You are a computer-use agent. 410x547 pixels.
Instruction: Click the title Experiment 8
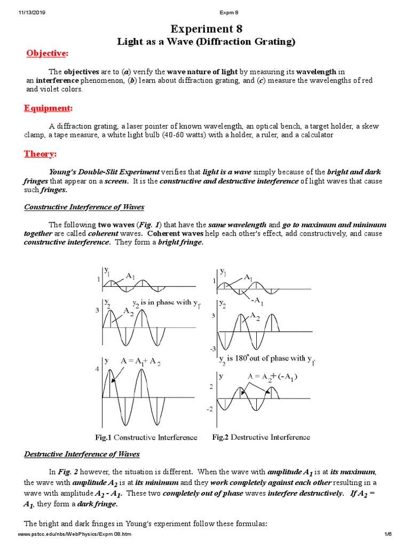[206, 29]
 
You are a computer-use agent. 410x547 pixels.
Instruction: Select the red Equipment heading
[48, 108]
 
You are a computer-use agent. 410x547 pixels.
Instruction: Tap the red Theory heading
[40, 154]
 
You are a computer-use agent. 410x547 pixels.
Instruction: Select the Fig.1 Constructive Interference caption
[146, 437]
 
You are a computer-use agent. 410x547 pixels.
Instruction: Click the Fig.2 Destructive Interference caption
[261, 437]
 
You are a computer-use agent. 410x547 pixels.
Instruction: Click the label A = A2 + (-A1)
[273, 377]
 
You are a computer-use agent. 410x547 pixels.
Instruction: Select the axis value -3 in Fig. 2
[212, 348]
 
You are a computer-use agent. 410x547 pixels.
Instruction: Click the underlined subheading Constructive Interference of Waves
[84, 207]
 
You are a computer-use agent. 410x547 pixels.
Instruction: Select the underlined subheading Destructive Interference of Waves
[82, 454]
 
